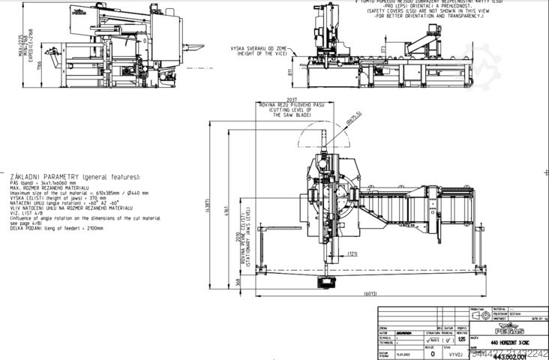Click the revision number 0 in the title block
tap(432, 352)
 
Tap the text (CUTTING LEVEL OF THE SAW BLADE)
tap(281, 113)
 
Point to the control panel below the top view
tap(328, 282)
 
